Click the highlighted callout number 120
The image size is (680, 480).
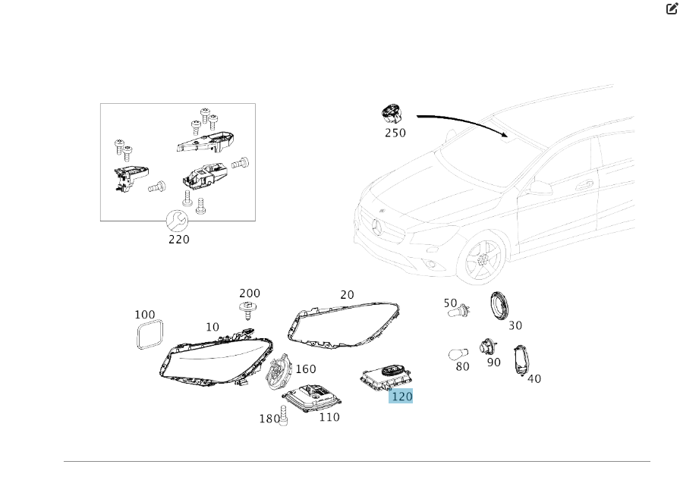[401, 397]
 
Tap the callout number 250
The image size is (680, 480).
[395, 133]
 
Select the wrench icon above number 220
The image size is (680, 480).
[177, 221]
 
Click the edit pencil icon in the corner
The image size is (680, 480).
[672, 8]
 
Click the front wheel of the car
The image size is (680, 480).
[483, 259]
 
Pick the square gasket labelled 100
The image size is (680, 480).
[150, 334]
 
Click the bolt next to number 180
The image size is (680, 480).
[284, 416]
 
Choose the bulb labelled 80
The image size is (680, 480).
[458, 354]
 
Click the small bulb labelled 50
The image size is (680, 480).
[459, 310]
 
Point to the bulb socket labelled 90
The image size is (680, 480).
[488, 347]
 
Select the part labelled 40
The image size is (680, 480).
[521, 360]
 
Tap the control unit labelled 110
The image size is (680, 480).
[312, 397]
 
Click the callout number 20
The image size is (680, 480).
[347, 294]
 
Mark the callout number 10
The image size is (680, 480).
[212, 327]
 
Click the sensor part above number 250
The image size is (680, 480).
[392, 114]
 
